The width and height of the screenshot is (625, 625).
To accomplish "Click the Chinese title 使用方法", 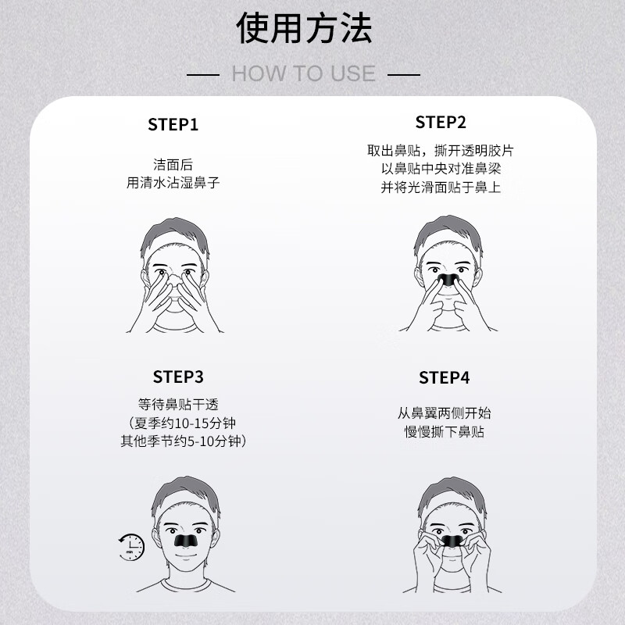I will [x=304, y=29].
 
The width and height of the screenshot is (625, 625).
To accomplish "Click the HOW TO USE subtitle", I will [x=304, y=74].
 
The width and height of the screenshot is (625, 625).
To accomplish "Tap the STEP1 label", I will [x=173, y=124].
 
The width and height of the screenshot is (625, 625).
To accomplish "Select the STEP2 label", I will [x=441, y=122].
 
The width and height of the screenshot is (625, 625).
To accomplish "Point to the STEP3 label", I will [x=178, y=377].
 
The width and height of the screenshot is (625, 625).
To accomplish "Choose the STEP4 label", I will [x=444, y=378].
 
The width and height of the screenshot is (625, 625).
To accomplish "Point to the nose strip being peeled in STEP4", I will [x=448, y=539].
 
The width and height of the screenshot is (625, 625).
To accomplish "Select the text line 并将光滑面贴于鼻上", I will [x=441, y=187].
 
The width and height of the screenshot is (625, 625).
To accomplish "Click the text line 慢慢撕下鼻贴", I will [x=444, y=431].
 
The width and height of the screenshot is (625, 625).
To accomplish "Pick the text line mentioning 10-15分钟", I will [x=184, y=423].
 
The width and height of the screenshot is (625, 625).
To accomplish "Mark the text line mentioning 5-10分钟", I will [x=184, y=441].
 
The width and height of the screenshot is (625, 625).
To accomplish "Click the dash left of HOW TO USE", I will [x=205, y=74].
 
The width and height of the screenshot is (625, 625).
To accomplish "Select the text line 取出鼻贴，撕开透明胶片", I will [x=441, y=150].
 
